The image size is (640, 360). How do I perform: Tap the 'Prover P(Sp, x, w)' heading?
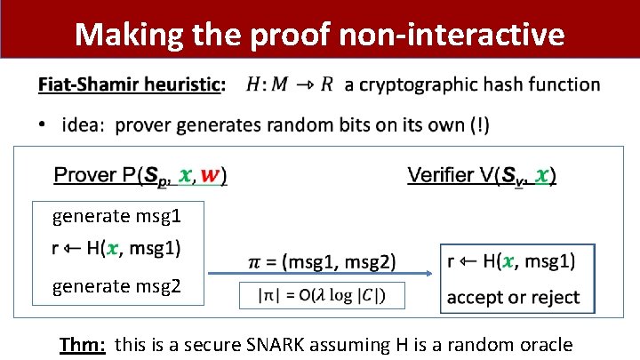click(x=140, y=176)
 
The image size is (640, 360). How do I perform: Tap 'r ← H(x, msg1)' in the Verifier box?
click(x=511, y=261)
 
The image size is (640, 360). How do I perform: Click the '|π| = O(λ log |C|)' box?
click(x=323, y=295)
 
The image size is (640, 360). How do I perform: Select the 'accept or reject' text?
click(x=513, y=297)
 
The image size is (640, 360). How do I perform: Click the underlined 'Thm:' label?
click(x=83, y=344)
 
